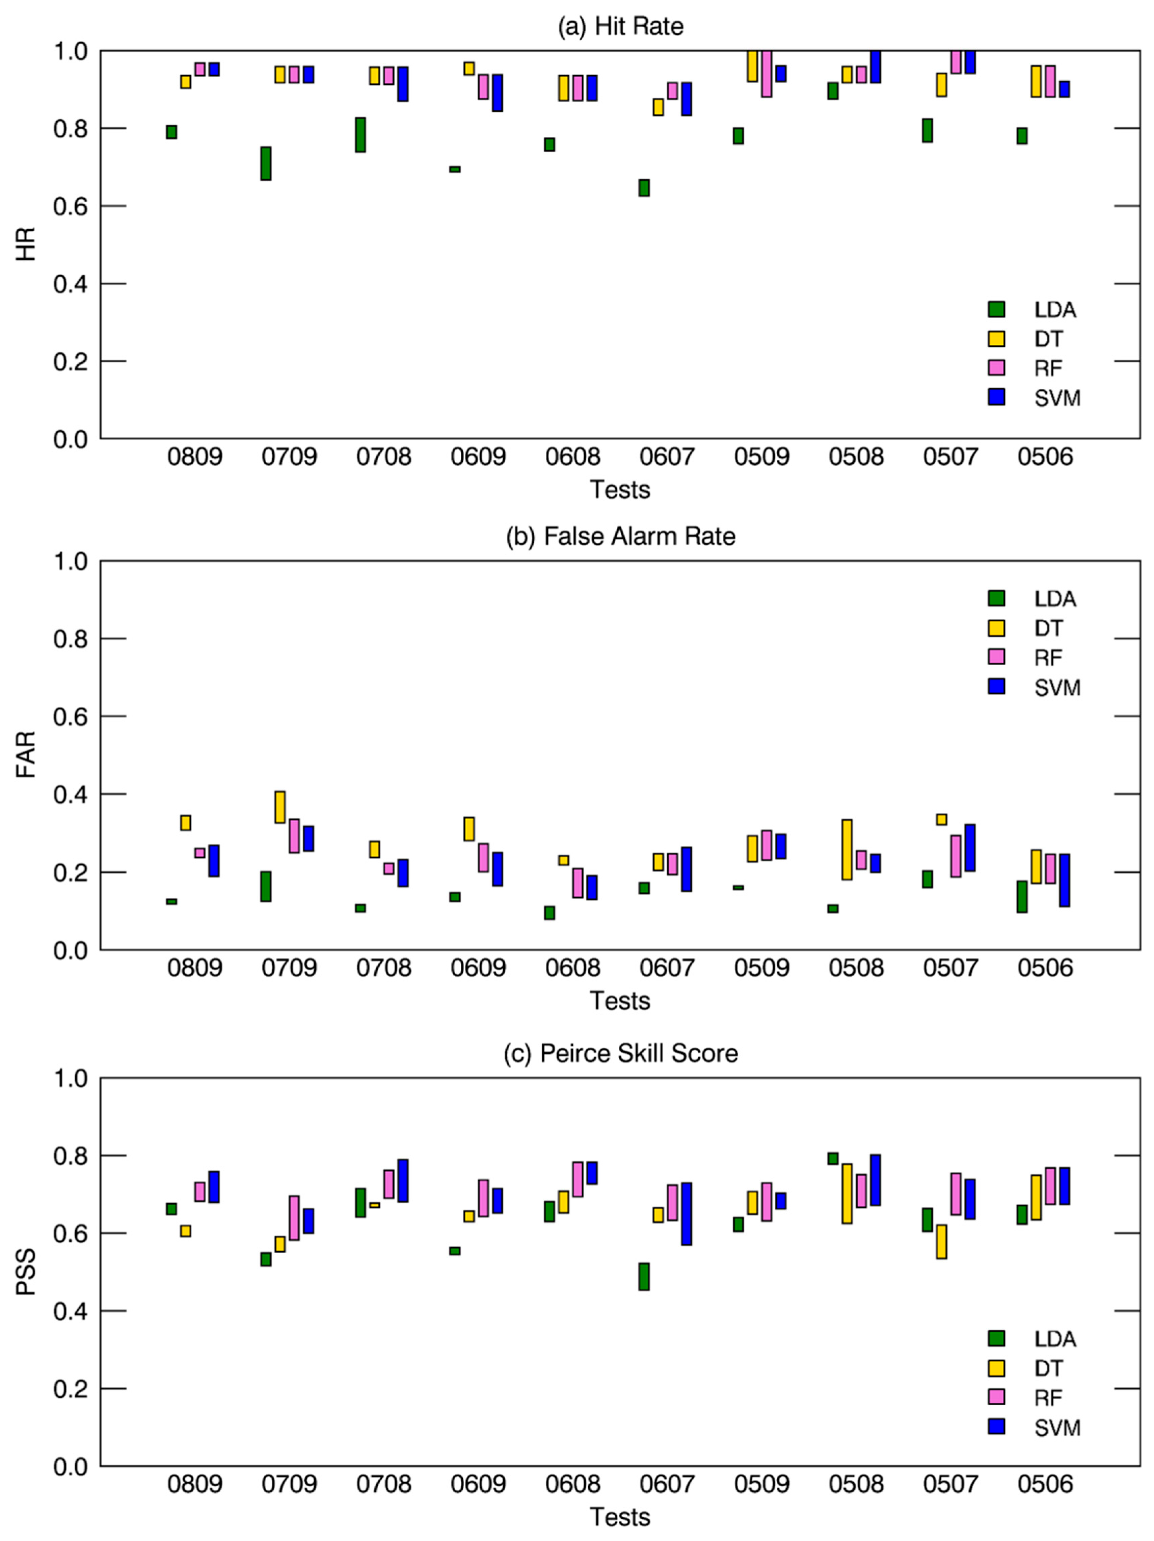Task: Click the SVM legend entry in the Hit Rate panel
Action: (1034, 398)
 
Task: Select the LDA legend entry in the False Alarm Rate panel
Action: (1034, 598)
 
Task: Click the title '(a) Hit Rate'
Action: (620, 26)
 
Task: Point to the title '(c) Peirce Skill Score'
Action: (620, 1053)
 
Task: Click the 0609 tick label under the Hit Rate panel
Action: (478, 457)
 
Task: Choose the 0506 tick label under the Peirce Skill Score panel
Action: (1045, 1484)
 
